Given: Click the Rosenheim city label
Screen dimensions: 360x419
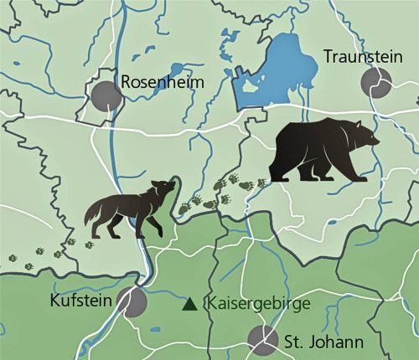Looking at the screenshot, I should click(x=161, y=82).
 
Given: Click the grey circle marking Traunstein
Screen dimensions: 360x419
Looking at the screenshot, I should click(x=376, y=83).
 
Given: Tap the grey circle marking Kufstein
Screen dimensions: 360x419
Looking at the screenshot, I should click(x=132, y=299).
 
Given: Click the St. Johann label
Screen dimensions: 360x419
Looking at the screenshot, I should click(x=323, y=342).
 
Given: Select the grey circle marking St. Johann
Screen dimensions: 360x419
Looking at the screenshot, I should click(x=262, y=339).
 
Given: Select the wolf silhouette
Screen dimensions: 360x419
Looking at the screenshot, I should click(x=130, y=211).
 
